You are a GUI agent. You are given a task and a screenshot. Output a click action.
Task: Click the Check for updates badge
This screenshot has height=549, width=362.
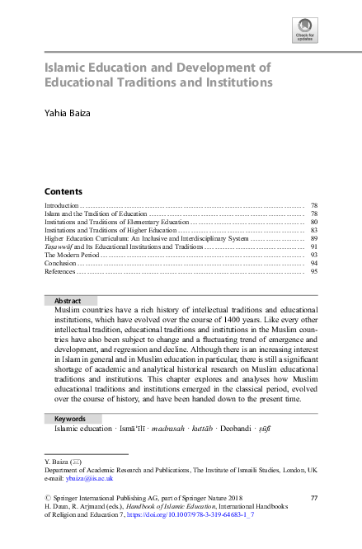tap(304, 31)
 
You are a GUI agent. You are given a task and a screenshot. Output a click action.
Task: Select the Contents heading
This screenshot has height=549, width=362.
tap(63, 190)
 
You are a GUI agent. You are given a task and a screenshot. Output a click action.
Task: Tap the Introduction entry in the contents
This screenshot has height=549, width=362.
tap(62, 204)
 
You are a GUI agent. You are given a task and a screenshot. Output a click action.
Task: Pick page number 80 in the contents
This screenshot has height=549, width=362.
tap(314, 222)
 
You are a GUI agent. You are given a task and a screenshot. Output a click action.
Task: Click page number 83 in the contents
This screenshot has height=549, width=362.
tap(314, 230)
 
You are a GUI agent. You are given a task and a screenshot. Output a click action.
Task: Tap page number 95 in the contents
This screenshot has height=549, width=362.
tap(314, 271)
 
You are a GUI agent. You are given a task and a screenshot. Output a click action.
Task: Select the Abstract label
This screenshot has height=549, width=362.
tap(68, 302)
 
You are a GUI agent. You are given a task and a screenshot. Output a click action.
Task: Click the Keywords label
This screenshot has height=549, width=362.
tap(70, 419)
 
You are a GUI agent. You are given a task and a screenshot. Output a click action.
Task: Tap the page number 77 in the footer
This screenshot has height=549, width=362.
tap(313, 498)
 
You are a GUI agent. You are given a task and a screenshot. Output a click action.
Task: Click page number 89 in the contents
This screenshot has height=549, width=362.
tap(314, 238)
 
